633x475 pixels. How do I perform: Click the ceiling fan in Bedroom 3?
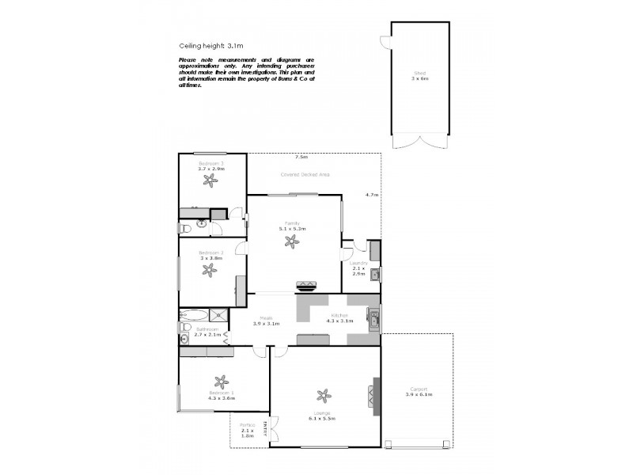tap(210, 180)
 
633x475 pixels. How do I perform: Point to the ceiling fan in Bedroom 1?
tap(221, 382)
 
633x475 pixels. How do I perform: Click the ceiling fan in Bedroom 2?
tap(210, 270)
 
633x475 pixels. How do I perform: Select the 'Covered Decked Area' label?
tap(305, 174)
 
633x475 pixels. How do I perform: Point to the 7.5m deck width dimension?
tap(301, 157)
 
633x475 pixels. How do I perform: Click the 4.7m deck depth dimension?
tap(371, 195)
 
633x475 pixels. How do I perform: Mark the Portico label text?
tap(247, 428)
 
